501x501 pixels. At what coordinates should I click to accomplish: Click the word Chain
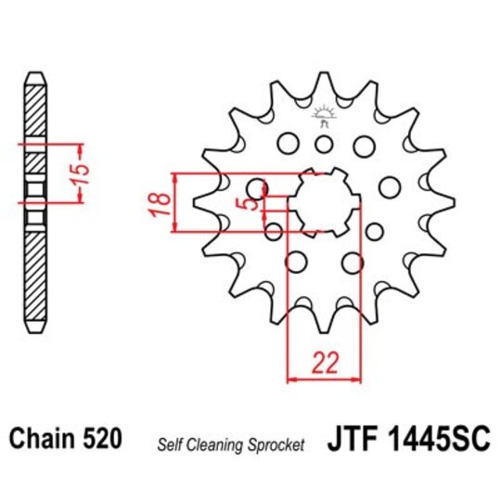[44, 435]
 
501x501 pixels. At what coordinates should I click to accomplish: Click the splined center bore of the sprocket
[324, 201]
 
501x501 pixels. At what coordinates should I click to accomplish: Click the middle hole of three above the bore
[324, 144]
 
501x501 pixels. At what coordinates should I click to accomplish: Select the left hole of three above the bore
[289, 144]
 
